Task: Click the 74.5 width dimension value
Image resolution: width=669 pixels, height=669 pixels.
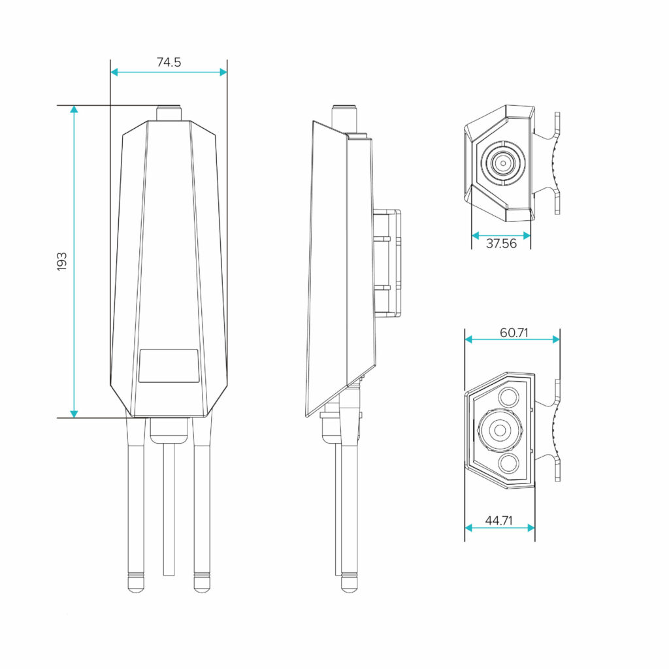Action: pyautogui.click(x=169, y=63)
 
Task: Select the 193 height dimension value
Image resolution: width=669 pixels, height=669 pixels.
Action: pyautogui.click(x=62, y=261)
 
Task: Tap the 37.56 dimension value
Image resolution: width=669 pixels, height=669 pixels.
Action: pyautogui.click(x=500, y=244)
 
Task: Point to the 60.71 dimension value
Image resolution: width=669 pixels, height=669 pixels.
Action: pyautogui.click(x=514, y=333)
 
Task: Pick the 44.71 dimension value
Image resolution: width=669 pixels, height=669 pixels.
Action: pyautogui.click(x=498, y=521)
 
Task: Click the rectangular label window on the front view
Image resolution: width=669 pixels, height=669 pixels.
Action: pyautogui.click(x=169, y=366)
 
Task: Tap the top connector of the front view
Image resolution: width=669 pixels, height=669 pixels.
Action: pyautogui.click(x=169, y=112)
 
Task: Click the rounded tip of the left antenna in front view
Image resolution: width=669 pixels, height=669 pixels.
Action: pyautogui.click(x=136, y=582)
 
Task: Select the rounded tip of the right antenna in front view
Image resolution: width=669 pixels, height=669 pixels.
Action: pyautogui.click(x=202, y=582)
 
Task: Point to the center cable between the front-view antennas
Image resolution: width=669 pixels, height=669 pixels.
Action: pyautogui.click(x=169, y=510)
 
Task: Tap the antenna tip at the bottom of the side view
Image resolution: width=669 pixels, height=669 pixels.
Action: pyautogui.click(x=349, y=583)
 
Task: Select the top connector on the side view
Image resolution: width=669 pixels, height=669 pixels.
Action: pyautogui.click(x=344, y=118)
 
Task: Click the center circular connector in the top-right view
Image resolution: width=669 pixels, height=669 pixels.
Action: pyautogui.click(x=502, y=161)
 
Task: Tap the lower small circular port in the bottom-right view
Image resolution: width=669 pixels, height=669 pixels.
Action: pyautogui.click(x=509, y=464)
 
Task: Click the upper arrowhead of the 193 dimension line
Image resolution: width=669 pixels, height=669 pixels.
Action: pyautogui.click(x=74, y=110)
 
